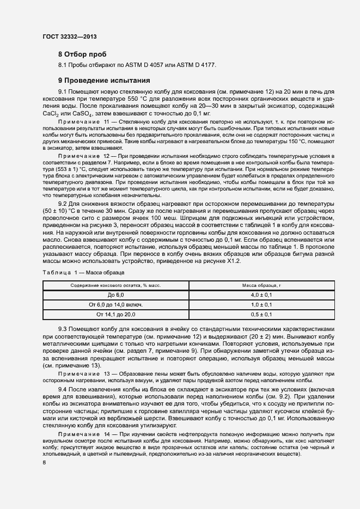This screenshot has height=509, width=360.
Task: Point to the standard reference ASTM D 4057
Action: click(x=147, y=65)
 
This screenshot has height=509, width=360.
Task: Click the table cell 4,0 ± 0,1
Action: click(x=261, y=295)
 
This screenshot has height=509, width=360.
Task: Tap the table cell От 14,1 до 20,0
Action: click(x=115, y=315)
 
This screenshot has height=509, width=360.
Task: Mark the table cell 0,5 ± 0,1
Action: click(x=261, y=315)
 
